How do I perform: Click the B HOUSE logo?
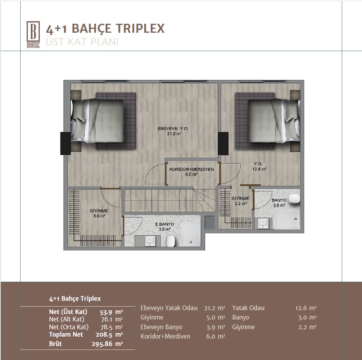[33, 35]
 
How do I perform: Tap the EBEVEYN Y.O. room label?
[173, 131]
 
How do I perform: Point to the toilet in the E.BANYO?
[170, 241]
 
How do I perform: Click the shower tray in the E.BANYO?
[190, 234]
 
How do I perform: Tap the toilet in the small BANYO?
[294, 199]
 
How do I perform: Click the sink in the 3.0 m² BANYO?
[263, 223]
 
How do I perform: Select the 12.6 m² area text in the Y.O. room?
[259, 169]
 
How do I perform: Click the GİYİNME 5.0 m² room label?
[99, 214]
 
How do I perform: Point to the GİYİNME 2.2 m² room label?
[240, 201]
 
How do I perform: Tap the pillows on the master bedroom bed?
[78, 120]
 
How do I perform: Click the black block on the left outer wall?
[66, 143]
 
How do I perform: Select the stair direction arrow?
[204, 191]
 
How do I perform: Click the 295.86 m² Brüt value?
[107, 344]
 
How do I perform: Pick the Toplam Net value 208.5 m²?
[109, 334]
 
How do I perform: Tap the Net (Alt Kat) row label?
[66, 319]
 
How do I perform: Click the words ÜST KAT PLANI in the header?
[82, 42]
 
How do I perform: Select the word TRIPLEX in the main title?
[140, 28]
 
